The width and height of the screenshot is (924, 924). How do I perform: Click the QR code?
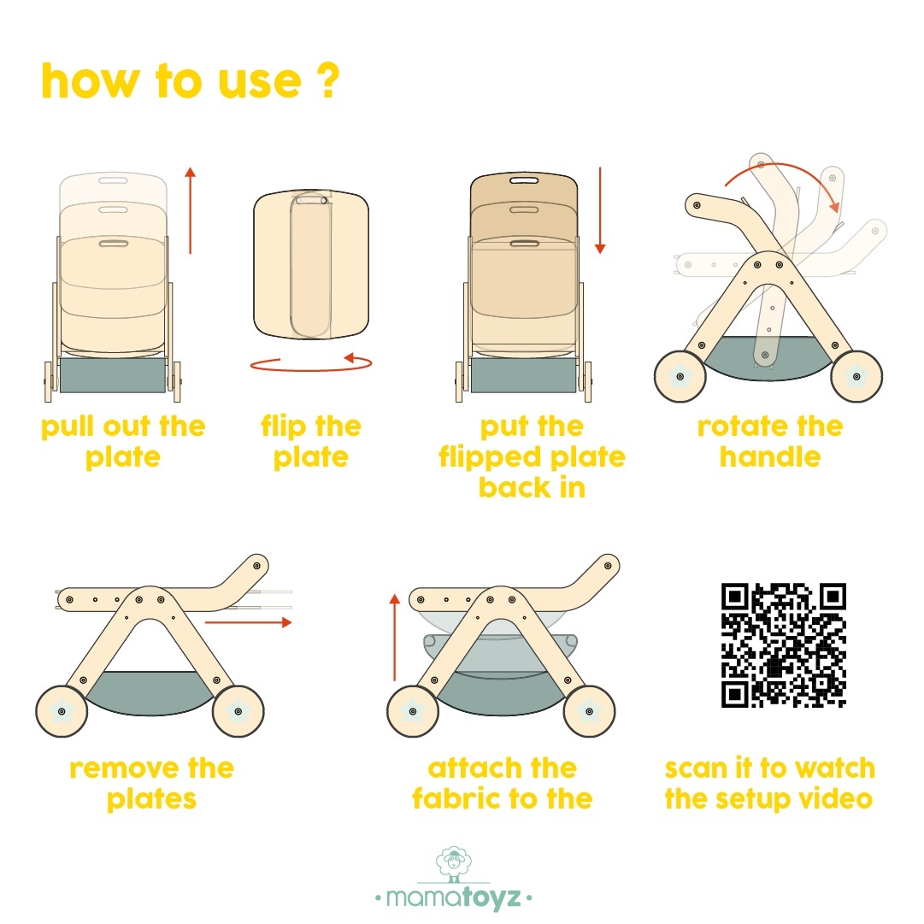point(784,645)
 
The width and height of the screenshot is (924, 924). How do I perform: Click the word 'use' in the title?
point(260,83)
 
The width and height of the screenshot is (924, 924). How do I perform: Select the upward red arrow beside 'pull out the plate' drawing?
point(190,210)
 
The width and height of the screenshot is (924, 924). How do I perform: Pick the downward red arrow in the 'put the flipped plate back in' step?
point(600,210)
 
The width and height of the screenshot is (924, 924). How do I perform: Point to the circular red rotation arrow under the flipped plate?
point(311,369)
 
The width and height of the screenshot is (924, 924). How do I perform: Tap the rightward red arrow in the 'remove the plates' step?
point(248,622)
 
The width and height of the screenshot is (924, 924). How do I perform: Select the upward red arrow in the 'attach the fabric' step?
point(395,638)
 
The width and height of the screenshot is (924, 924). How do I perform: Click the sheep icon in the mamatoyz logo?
point(454,863)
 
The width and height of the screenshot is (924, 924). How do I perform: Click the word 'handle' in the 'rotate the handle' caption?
point(770,456)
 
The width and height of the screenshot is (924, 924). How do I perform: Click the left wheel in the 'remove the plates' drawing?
point(62,711)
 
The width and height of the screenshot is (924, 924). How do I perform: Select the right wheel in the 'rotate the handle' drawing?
point(856,376)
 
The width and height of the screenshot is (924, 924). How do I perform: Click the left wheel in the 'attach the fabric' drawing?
point(413,711)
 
